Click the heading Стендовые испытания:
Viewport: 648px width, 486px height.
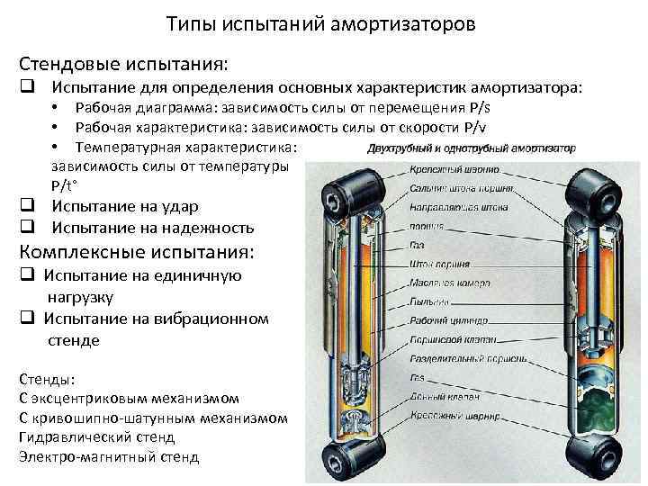(x=123, y=65)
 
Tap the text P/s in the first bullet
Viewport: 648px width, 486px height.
(x=481, y=108)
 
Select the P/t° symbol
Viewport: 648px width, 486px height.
(x=64, y=184)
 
